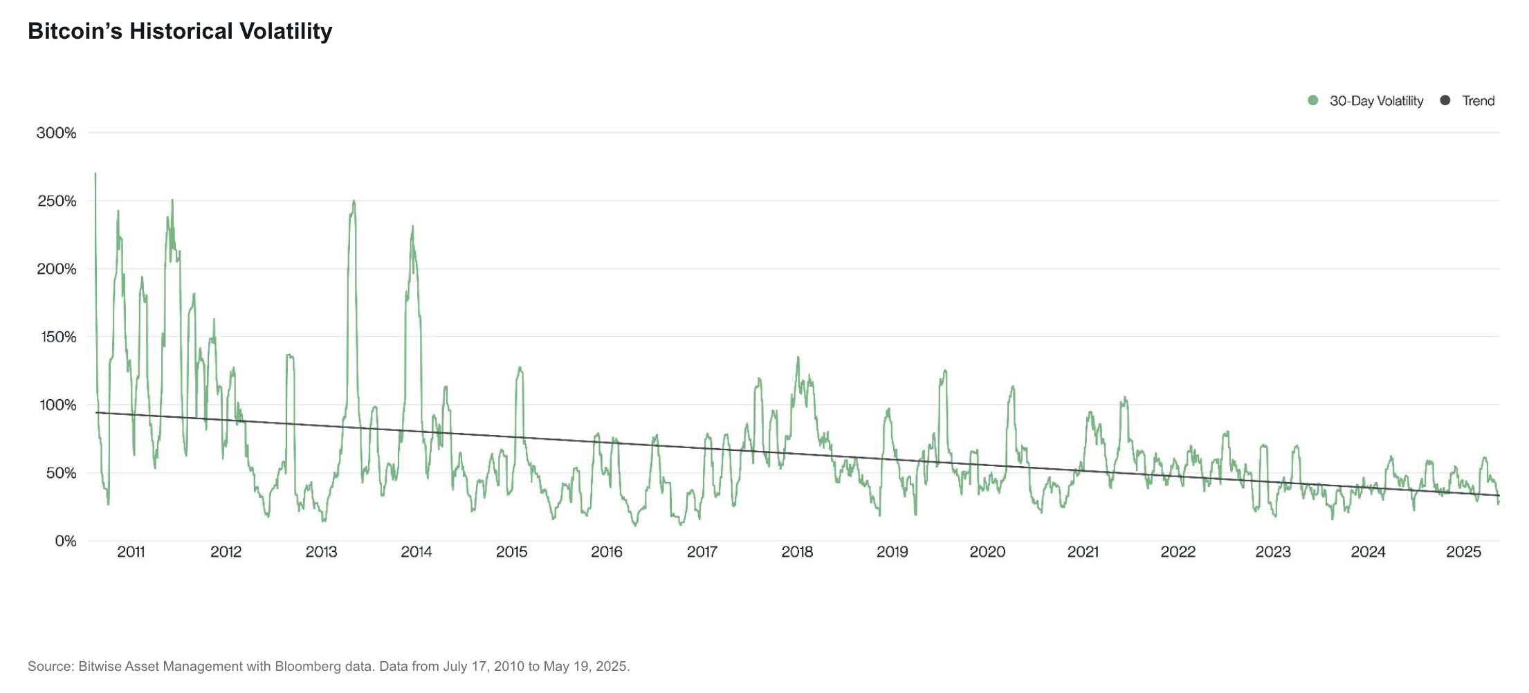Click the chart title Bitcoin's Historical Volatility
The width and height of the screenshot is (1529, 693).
[x=180, y=31]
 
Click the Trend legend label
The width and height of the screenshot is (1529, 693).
[x=1478, y=101]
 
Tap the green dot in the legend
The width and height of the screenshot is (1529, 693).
[x=1313, y=100]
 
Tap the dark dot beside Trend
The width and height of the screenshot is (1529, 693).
[x=1445, y=100]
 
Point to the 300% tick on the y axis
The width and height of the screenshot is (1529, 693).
[x=56, y=133]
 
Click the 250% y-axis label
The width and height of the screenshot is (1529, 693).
[x=56, y=201]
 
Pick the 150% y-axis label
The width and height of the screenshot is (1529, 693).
[x=56, y=337]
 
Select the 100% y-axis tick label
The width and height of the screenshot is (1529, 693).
[x=56, y=405]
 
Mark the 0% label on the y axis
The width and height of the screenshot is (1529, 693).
[x=65, y=541]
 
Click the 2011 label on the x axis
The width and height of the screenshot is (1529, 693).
[x=131, y=552]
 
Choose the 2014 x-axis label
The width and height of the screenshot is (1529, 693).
[x=416, y=552]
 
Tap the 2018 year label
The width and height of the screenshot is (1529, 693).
[x=797, y=552]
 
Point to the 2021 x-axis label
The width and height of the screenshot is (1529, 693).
[x=1083, y=552]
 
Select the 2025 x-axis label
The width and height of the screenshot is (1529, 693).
[x=1463, y=552]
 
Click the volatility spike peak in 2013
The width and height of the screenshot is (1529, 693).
[x=354, y=201]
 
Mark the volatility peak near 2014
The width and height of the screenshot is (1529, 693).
[x=412, y=226]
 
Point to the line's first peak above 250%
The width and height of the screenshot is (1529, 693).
[x=95, y=174]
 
